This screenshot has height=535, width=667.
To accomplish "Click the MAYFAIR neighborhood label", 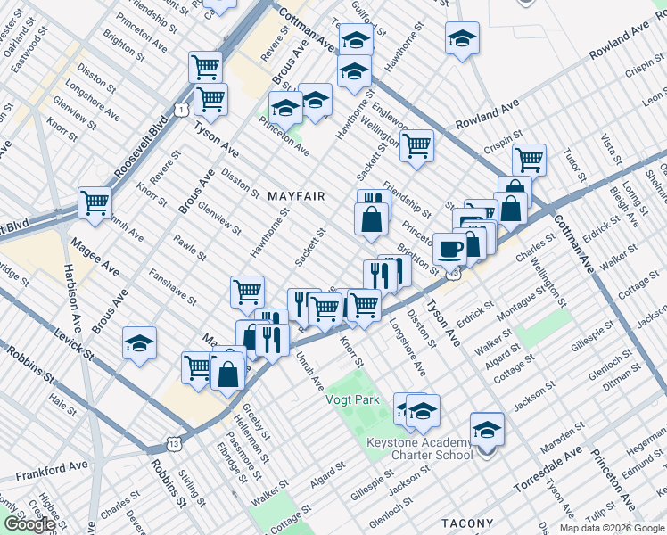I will [293, 195].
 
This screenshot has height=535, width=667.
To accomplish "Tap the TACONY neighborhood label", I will [466, 523].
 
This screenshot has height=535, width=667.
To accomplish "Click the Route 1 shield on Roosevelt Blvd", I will [181, 109].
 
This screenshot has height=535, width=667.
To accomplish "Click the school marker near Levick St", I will [141, 343].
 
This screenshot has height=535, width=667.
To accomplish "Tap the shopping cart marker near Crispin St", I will [529, 160].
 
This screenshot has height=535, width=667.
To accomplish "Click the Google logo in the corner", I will [29, 524].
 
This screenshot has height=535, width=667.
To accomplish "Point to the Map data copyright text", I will [612, 528].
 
